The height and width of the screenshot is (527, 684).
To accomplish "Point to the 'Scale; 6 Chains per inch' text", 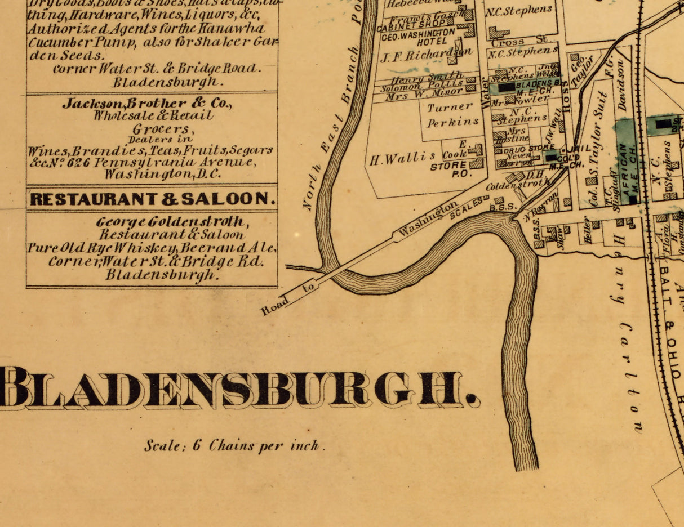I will [x=234, y=446].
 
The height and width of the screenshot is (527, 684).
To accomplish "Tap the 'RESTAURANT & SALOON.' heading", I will [x=153, y=199].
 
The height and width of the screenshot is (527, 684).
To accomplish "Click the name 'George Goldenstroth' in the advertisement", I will [x=171, y=221].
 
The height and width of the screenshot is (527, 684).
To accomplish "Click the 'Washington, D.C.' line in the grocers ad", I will [x=163, y=174].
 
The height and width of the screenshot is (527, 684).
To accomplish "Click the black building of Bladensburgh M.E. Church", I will [x=507, y=87].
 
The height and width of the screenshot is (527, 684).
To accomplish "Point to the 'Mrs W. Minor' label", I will [x=424, y=96].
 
